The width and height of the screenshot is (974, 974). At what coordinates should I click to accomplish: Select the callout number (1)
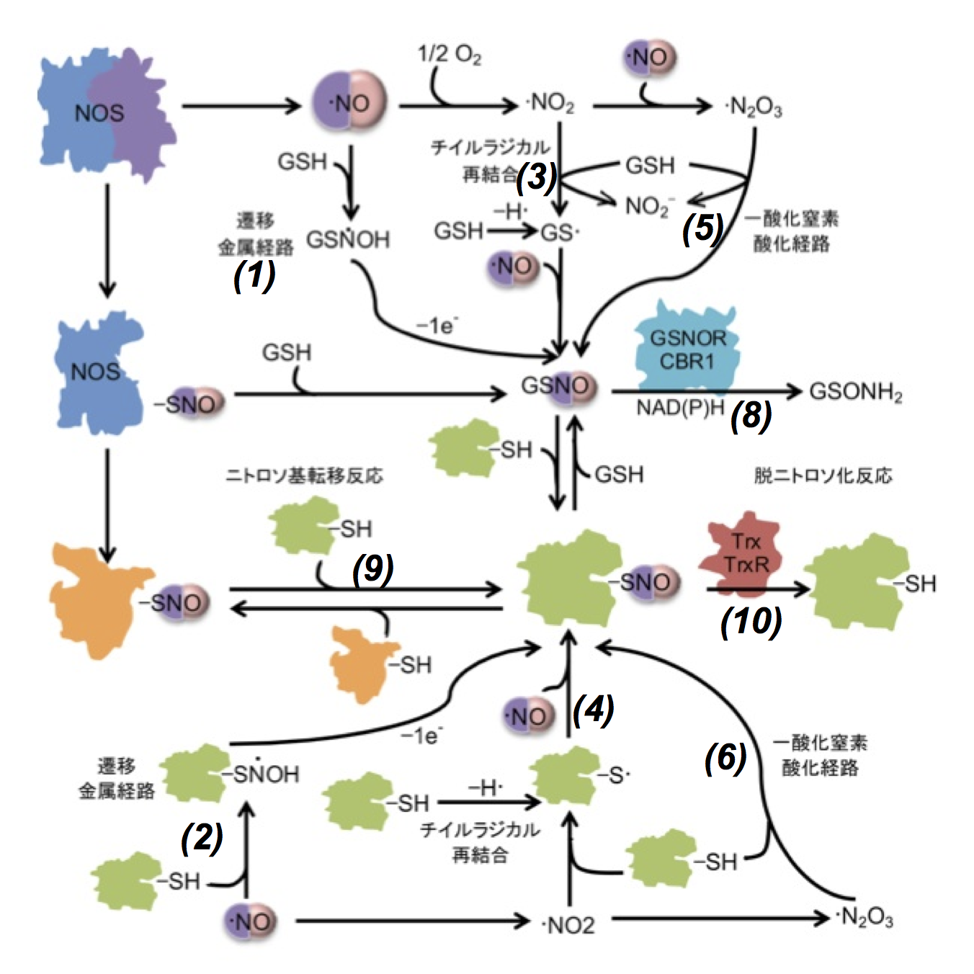pyautogui.click(x=254, y=275)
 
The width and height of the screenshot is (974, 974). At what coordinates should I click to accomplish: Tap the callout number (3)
pyautogui.click(x=537, y=177)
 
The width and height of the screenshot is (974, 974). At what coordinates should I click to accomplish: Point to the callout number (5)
pyautogui.click(x=702, y=228)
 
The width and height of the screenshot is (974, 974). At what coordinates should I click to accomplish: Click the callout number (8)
pyautogui.click(x=751, y=416)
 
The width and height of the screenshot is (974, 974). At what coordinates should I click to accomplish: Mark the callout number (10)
pyautogui.click(x=751, y=621)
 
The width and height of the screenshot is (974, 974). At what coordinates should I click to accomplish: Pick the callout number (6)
pyautogui.click(x=725, y=757)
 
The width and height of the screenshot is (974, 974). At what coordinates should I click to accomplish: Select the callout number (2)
pyautogui.click(x=202, y=837)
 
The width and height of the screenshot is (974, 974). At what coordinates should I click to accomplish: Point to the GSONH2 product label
pyautogui.click(x=856, y=393)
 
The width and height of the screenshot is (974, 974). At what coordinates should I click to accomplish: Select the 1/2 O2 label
pyautogui.click(x=450, y=55)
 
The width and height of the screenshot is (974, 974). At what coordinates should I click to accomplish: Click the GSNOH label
pyautogui.click(x=348, y=239)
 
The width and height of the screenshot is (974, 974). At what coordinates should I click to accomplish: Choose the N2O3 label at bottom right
pyautogui.click(x=866, y=918)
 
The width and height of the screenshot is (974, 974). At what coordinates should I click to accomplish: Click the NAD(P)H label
pyautogui.click(x=679, y=408)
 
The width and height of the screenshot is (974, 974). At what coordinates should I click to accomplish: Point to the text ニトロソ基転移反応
pyautogui.click(x=304, y=475)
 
